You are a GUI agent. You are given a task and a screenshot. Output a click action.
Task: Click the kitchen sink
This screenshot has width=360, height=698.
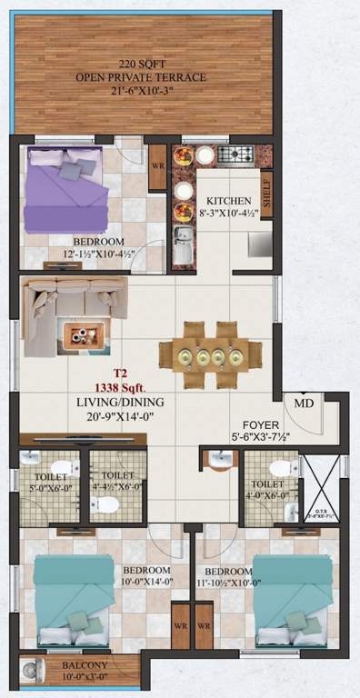point(181,246)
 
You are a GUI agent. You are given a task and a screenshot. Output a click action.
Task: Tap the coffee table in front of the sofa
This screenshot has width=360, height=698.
point(85,336)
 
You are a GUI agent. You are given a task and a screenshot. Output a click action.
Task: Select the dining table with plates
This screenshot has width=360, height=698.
point(209,354)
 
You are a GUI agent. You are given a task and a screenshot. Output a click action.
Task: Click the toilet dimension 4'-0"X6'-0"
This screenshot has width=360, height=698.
point(270,495)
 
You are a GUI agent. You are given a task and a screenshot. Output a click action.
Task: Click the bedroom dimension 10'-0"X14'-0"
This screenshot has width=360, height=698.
point(138,583)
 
